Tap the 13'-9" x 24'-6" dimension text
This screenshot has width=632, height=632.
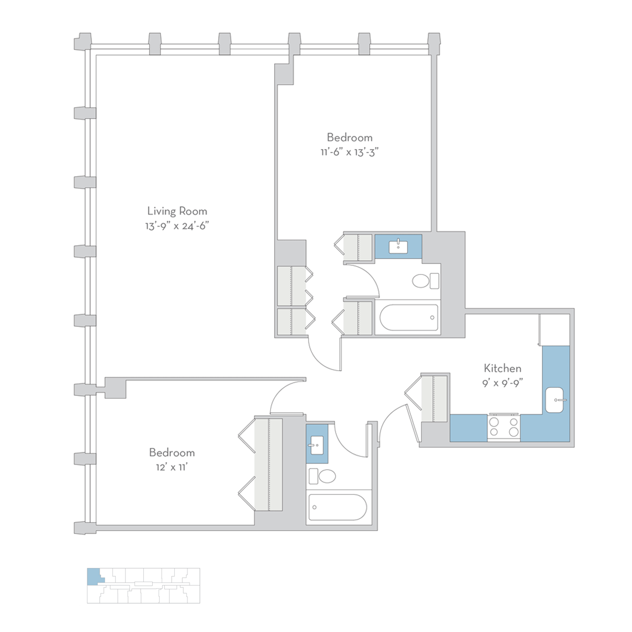click(177, 226)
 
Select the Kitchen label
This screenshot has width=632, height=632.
click(502, 368)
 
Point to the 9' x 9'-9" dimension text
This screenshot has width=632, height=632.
click(502, 383)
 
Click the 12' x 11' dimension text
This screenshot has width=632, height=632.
click(172, 467)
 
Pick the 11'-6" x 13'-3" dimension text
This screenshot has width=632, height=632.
click(350, 152)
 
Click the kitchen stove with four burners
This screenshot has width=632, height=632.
click(504, 427)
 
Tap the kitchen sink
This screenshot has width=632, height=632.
click(555, 400)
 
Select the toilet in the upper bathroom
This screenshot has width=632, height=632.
click(426, 281)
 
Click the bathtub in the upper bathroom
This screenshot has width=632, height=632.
click(409, 318)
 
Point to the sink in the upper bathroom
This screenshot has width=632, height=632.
click(398, 247)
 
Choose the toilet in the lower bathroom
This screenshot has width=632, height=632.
click(322, 476)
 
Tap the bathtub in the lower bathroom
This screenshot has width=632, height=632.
click(338, 507)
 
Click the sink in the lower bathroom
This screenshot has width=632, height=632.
click(317, 445)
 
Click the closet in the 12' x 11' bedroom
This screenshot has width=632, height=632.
click(268, 465)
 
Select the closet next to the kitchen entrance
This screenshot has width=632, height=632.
click(434, 398)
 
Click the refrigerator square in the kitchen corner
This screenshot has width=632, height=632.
click(555, 330)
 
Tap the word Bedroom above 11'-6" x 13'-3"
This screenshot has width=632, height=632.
click(350, 137)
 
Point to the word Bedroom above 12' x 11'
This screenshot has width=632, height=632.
click(172, 452)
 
